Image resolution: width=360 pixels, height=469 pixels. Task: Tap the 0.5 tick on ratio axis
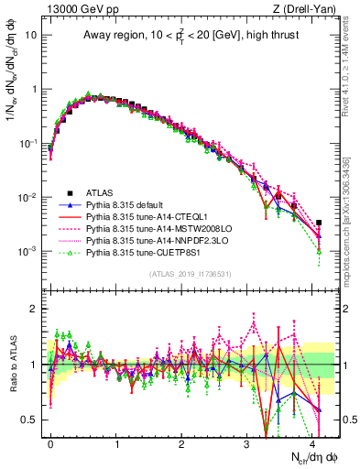(32, 420)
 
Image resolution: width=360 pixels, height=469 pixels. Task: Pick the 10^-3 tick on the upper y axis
(27, 251)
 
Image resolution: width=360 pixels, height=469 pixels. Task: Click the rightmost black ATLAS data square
(319, 223)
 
